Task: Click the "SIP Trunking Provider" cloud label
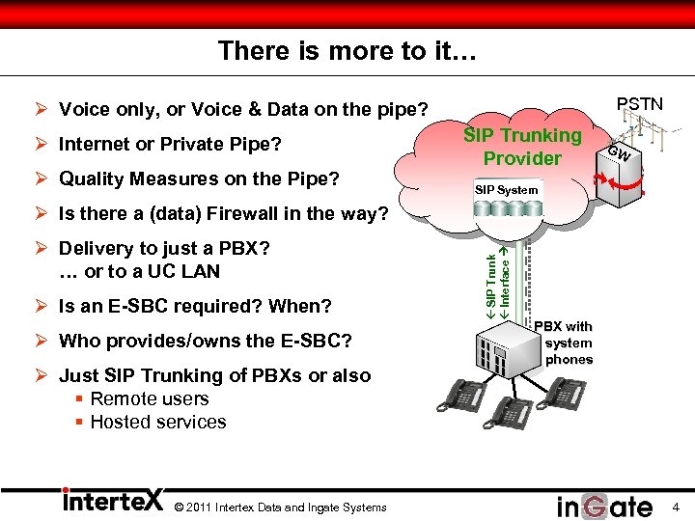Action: [x=522, y=147]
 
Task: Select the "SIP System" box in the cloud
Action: [x=506, y=190]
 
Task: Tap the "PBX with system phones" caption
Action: [x=569, y=343]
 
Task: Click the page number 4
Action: [x=676, y=507]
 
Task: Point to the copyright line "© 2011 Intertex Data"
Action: [x=280, y=507]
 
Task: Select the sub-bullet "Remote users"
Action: [x=149, y=398]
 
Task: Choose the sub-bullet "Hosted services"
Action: [x=157, y=422]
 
